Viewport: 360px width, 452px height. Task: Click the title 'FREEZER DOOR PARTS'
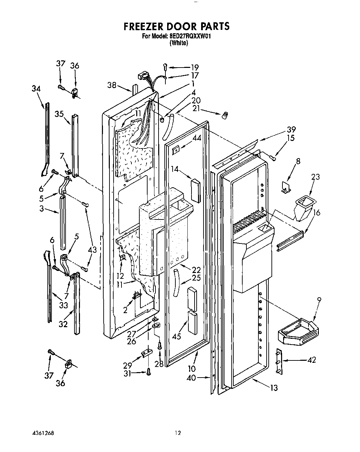tap(176, 26)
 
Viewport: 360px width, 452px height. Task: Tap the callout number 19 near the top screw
tap(195, 68)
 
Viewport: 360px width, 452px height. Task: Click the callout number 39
tap(291, 130)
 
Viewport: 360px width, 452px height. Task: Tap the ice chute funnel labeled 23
tap(303, 209)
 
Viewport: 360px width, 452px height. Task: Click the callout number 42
tap(312, 360)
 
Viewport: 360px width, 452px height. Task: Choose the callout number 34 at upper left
tap(36, 89)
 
